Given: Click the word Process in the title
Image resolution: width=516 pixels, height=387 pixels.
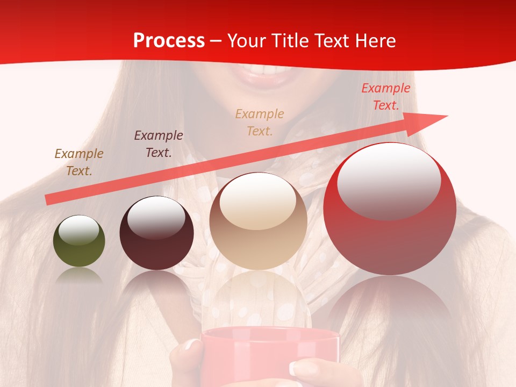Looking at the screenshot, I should pyautogui.click(x=169, y=41).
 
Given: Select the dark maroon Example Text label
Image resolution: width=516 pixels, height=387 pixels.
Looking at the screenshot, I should pyautogui.click(x=159, y=144).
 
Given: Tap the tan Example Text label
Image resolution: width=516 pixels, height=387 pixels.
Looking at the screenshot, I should pyautogui.click(x=260, y=122).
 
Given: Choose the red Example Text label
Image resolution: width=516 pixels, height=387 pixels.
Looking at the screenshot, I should pyautogui.click(x=385, y=97).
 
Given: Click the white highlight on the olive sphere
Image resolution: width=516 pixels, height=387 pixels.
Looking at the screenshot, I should pyautogui.click(x=79, y=230).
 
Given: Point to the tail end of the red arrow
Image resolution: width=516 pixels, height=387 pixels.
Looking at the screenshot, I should pyautogui.click(x=48, y=200).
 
